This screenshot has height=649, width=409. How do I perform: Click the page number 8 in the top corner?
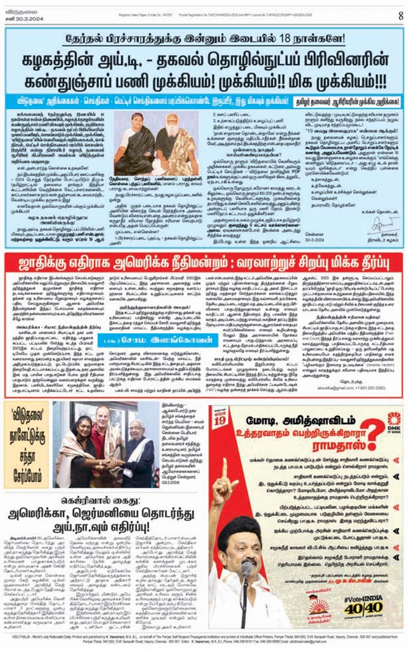[x=400, y=15]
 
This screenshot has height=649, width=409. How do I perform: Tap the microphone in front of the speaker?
[x=247, y=570]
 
